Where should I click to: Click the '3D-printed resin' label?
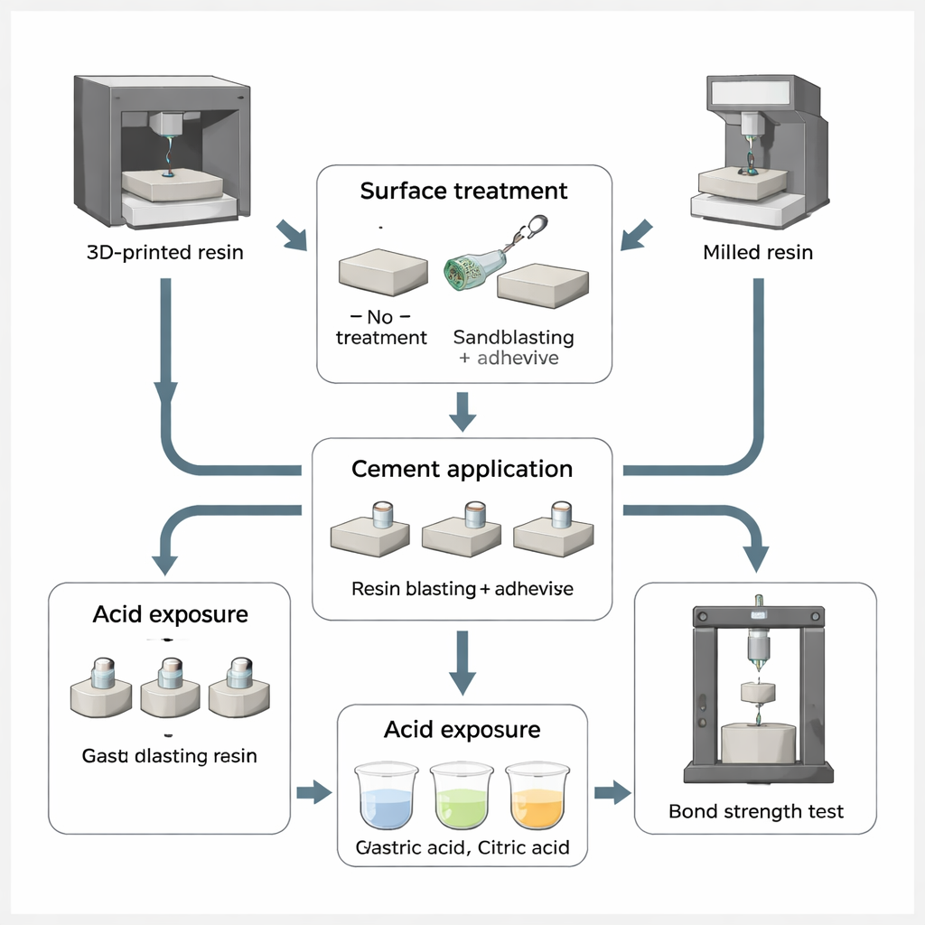point(164,252)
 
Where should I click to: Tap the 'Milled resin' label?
point(757,252)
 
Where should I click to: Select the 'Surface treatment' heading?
point(463,192)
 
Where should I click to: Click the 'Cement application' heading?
point(462,470)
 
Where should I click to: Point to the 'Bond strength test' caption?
point(756,811)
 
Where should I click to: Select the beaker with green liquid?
point(461,798)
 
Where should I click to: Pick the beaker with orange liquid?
point(537,798)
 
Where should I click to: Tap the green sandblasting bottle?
point(472,269)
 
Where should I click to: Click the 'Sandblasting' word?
point(513,338)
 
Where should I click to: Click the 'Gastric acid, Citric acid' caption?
point(462,848)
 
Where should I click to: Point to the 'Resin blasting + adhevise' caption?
point(462,589)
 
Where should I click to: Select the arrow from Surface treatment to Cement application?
point(462,411)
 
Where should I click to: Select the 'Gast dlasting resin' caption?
point(170,755)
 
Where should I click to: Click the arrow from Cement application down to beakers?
point(462,662)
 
